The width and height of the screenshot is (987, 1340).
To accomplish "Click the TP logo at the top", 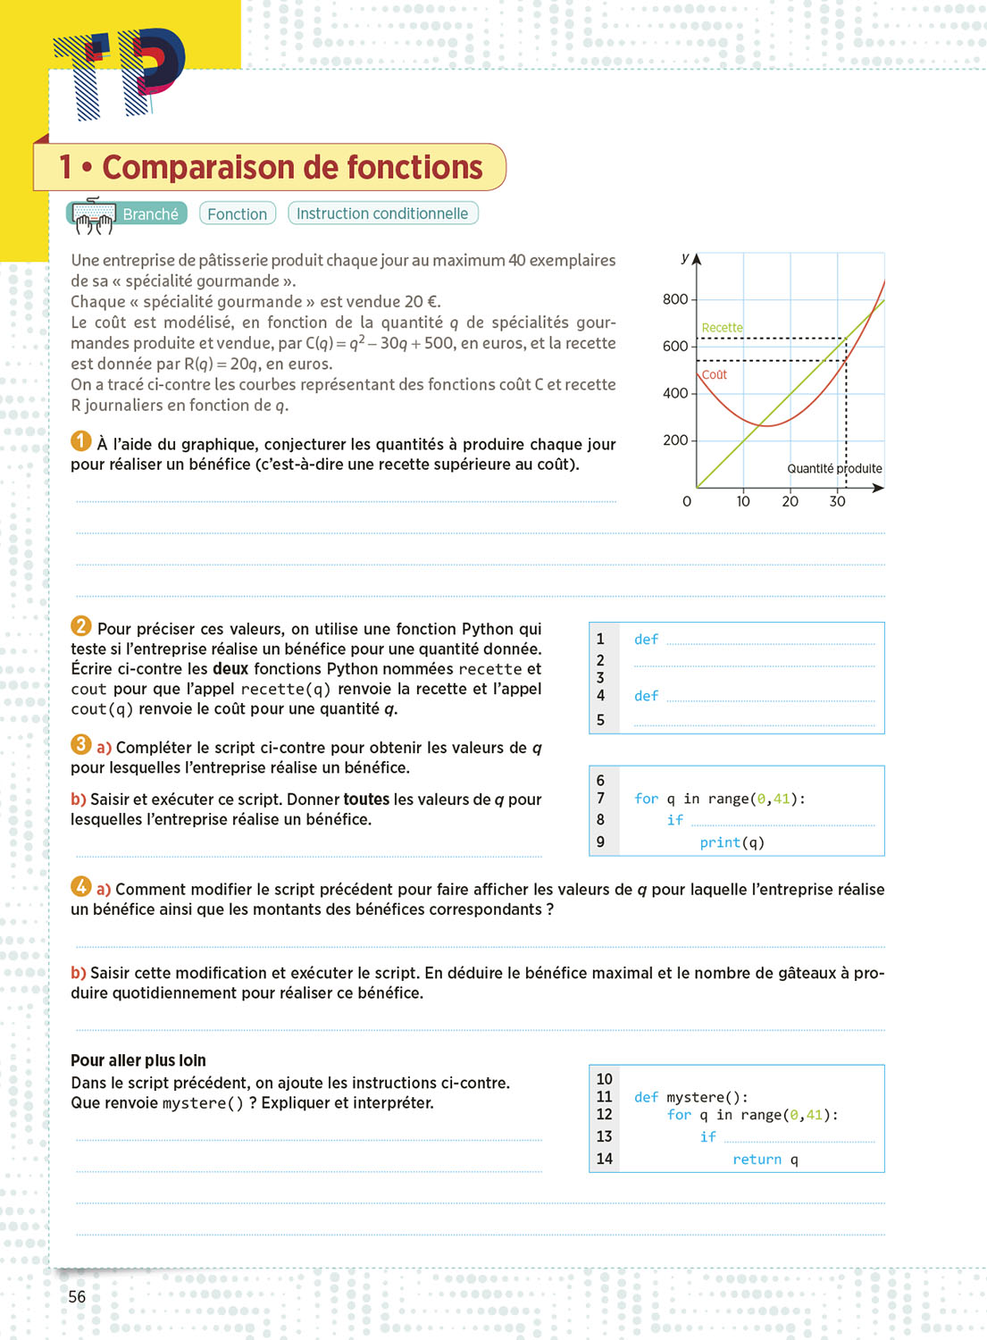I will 121,73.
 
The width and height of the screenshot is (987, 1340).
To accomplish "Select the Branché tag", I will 150,214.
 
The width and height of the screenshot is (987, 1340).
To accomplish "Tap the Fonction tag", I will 237,214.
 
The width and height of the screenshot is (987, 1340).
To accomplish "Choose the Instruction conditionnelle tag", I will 382,214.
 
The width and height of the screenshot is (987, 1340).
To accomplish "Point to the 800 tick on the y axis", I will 675,299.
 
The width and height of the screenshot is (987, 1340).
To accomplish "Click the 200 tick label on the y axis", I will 675,440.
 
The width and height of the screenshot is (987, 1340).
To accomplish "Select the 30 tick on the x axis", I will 837,501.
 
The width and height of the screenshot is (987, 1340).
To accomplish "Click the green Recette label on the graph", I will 722,328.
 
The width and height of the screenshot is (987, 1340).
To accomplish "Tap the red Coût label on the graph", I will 715,374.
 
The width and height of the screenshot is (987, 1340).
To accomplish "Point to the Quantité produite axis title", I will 834,469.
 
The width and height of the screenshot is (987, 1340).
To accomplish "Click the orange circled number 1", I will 80,441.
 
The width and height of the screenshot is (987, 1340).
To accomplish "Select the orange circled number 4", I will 80,886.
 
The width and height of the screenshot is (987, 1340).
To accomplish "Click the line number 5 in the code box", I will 600,720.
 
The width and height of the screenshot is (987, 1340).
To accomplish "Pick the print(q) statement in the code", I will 732,842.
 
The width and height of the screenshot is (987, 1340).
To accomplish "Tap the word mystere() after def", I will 707,1098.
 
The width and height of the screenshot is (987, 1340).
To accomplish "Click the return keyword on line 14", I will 757,1160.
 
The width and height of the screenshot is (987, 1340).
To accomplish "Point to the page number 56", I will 78,1297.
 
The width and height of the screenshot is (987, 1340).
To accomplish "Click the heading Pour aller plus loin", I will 138,1060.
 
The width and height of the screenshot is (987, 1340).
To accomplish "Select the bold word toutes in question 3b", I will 366,800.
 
